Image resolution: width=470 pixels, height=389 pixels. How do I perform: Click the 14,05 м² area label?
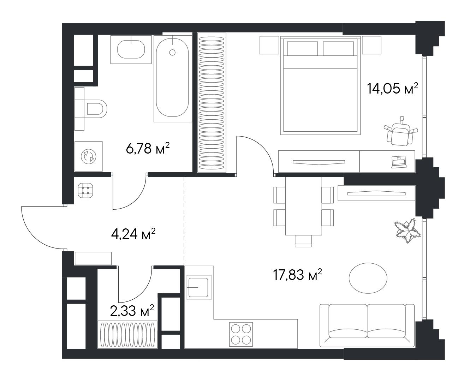click(393, 88)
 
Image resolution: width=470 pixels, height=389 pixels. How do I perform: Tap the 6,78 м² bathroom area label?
click(148, 148)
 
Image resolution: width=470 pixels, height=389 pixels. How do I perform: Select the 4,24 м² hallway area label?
click(133, 234)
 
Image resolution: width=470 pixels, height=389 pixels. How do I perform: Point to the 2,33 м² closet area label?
click(132, 311)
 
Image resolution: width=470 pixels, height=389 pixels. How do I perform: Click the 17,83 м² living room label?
click(297, 275)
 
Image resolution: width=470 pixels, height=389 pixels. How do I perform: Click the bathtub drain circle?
click(172, 53)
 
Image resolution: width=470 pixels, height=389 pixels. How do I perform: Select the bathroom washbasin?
click(131, 49)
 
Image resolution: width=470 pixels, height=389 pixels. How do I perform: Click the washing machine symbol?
click(89, 156)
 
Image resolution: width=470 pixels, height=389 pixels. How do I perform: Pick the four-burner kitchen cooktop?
click(241, 334)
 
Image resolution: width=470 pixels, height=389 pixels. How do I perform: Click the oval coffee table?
click(368, 278)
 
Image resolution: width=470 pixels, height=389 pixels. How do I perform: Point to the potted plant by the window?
click(407, 231)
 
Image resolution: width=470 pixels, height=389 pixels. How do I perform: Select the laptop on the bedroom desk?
click(399, 162)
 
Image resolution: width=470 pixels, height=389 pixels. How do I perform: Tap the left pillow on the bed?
click(302, 48)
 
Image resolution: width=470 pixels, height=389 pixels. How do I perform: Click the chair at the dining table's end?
click(303, 241)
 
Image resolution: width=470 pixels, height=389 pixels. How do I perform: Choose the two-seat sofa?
click(367, 325)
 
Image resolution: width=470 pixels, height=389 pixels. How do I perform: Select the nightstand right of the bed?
click(371, 45)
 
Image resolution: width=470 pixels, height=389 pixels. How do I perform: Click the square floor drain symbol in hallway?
click(85, 190)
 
